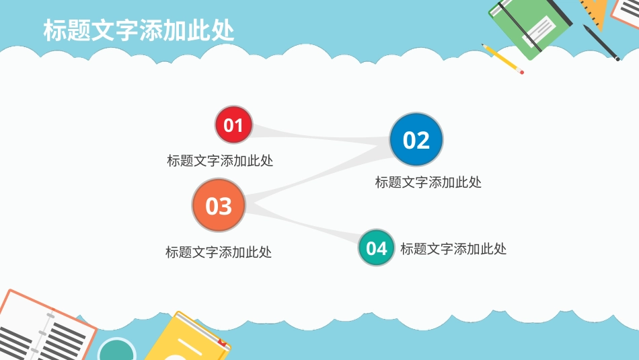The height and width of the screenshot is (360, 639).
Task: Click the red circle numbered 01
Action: click(233, 125)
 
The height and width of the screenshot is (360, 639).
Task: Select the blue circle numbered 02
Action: click(416, 140)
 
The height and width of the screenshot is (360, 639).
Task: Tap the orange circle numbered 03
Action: click(219, 206)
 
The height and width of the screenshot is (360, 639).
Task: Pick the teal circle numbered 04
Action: click(377, 248)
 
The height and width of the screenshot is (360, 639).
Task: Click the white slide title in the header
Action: click(139, 31)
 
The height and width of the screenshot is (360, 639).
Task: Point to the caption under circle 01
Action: click(220, 161)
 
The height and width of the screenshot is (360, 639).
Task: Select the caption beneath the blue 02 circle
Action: click(428, 182)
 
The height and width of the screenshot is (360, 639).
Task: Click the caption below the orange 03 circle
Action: click(219, 252)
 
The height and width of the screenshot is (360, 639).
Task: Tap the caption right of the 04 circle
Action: click(453, 249)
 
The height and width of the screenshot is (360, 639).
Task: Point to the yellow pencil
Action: click(501, 58)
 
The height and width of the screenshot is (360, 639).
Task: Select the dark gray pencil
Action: click(601, 42)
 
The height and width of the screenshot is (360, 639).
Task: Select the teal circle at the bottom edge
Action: click(117, 351)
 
